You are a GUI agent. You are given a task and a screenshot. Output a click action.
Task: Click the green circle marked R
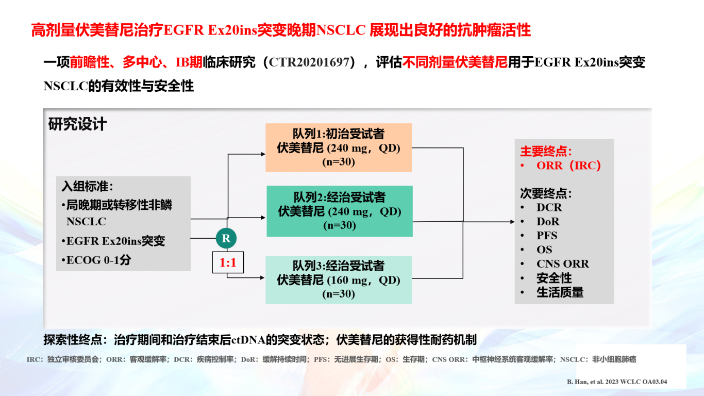(x=226, y=238)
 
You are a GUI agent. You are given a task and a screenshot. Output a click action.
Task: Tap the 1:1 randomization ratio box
(x=228, y=262)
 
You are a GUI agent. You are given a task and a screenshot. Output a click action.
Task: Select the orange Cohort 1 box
(x=339, y=147)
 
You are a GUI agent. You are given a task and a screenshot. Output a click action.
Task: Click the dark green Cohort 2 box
(x=340, y=211)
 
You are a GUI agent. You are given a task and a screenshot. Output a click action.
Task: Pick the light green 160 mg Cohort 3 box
(x=339, y=279)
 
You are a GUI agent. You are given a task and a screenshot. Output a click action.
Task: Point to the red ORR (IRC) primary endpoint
(x=568, y=166)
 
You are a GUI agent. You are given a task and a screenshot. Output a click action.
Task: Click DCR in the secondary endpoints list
(x=549, y=208)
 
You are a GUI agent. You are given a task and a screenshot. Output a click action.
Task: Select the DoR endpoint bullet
(x=548, y=222)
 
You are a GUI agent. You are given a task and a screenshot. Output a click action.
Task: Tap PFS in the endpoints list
(x=547, y=236)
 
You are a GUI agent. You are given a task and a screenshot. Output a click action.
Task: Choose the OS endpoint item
(x=544, y=250)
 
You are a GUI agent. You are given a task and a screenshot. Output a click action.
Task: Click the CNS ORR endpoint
(x=563, y=264)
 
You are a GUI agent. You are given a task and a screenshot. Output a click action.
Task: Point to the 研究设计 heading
(x=77, y=124)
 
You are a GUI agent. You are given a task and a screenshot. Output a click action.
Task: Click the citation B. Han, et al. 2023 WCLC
(x=616, y=382)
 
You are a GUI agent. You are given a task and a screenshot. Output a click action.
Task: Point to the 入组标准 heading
(x=88, y=187)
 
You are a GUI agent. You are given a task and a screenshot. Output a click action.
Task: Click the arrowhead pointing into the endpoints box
(x=512, y=222)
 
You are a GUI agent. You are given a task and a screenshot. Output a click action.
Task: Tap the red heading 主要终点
(x=546, y=151)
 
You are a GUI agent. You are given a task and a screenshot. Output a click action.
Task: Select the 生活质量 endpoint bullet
(x=560, y=292)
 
